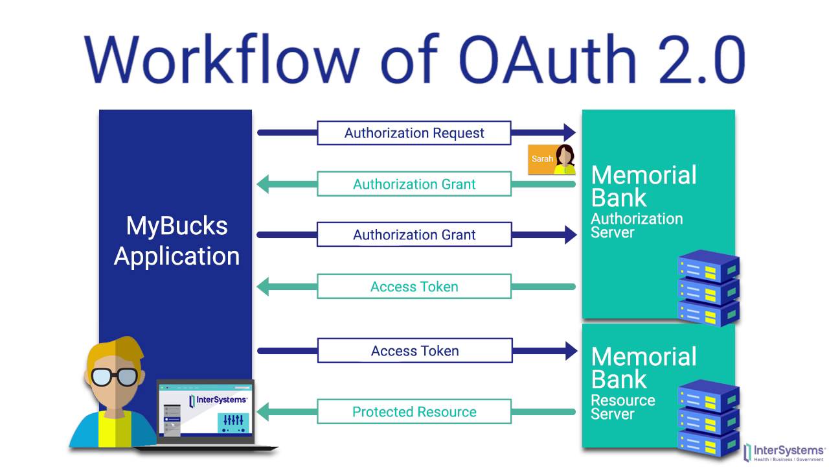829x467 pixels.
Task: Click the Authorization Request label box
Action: pyautogui.click(x=414, y=133)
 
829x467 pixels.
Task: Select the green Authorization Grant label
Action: pyautogui.click(x=414, y=184)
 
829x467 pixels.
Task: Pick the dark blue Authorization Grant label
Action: pyautogui.click(x=414, y=235)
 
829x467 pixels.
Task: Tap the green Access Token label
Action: pyautogui.click(x=414, y=287)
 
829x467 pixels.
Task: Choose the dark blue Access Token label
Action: pyautogui.click(x=414, y=351)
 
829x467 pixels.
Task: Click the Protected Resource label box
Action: pyautogui.click(x=414, y=412)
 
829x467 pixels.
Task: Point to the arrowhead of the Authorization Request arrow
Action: pyautogui.click(x=569, y=133)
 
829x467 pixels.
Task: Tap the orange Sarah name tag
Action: pyautogui.click(x=542, y=159)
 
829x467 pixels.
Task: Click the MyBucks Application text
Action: pyautogui.click(x=176, y=241)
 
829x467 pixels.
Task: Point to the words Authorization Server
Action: pyautogui.click(x=636, y=225)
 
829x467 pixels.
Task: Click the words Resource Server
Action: pyautogui.click(x=622, y=407)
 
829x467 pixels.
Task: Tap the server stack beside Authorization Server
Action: pyautogui.click(x=708, y=289)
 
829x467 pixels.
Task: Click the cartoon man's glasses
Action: pyautogui.click(x=114, y=376)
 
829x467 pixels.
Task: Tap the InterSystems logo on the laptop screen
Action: pyautogui.click(x=218, y=400)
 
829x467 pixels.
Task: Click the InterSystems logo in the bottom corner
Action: pyautogui.click(x=785, y=452)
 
